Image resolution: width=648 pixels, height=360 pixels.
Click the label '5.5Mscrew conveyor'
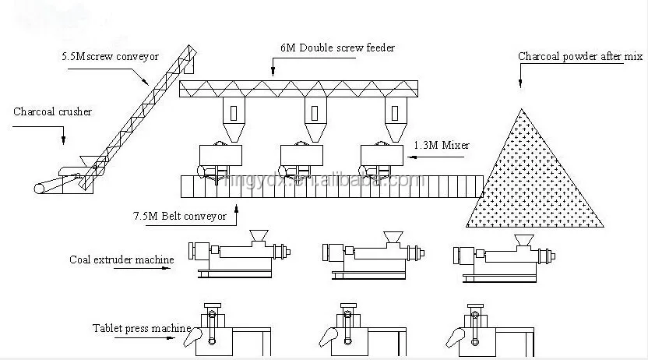[110, 57]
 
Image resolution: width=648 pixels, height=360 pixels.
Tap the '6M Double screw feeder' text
[339, 48]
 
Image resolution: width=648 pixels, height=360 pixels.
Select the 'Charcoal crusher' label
[52, 112]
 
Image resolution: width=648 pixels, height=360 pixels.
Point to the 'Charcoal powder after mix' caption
[580, 57]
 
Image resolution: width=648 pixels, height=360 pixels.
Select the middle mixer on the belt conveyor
[300, 158]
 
